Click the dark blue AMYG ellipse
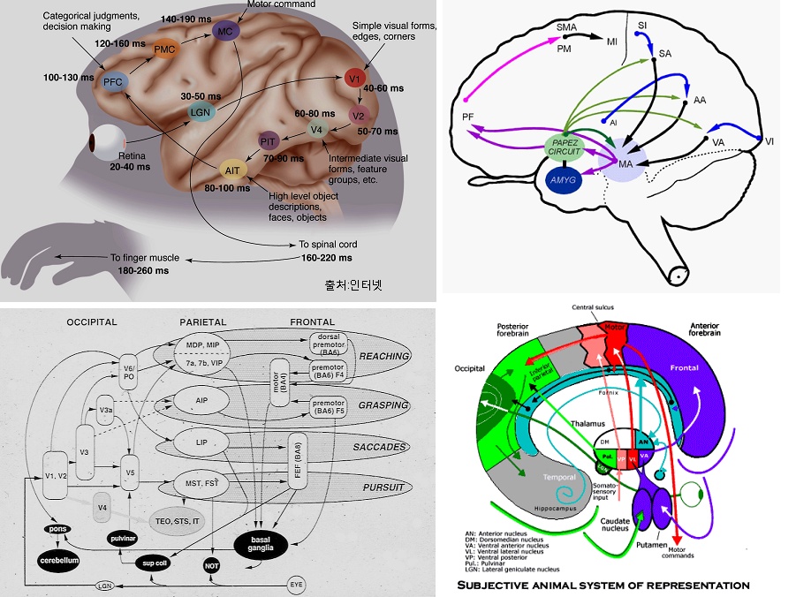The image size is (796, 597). pos(564,179)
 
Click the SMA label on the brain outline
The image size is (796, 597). pos(566,27)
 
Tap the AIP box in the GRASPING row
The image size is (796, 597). pos(203,400)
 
